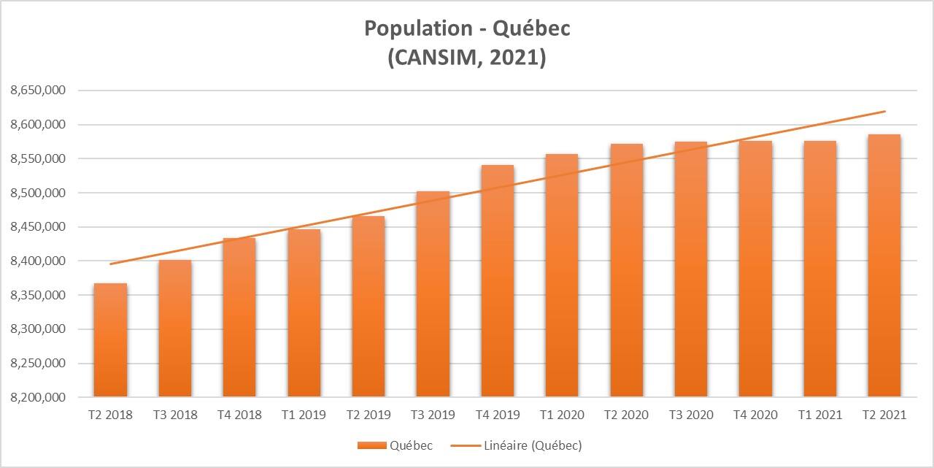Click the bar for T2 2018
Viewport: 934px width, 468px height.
[110, 340]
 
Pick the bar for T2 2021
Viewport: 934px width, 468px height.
[884, 266]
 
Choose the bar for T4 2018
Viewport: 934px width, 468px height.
[239, 318]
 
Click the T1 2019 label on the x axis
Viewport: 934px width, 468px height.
[304, 415]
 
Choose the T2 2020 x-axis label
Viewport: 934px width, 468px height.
[626, 415]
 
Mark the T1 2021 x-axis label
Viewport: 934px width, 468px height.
[819, 415]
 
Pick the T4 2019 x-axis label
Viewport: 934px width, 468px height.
[497, 415]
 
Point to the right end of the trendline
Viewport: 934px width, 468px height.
[885, 112]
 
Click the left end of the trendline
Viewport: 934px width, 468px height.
[110, 264]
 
